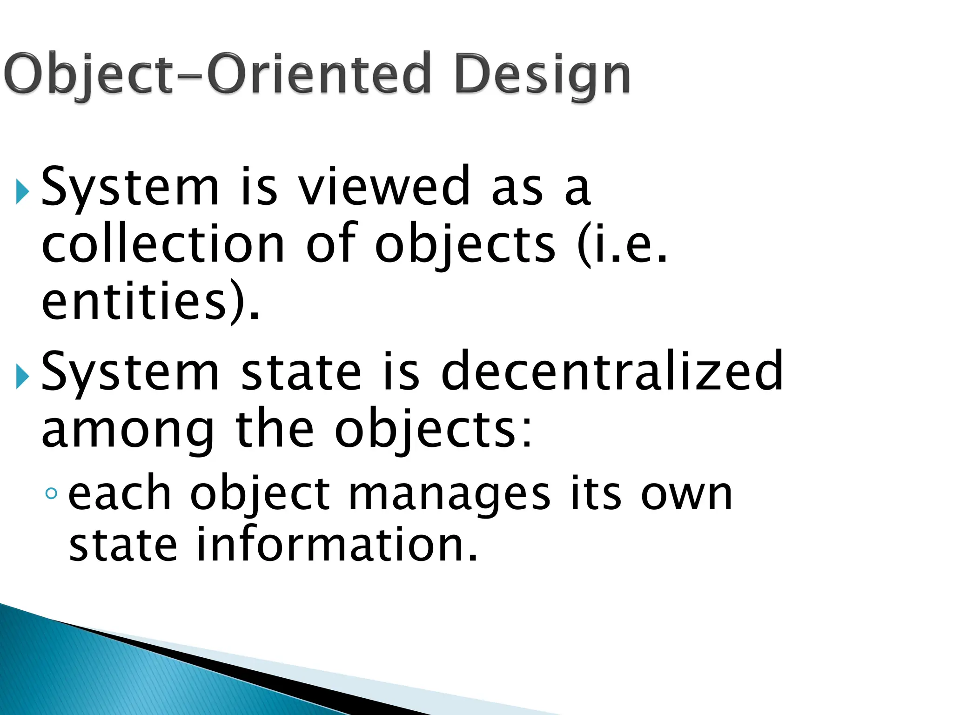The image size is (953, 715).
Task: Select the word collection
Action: (163, 244)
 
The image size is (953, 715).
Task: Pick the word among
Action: (128, 431)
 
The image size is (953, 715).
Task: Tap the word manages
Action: (450, 494)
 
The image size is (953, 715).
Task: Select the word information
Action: (337, 545)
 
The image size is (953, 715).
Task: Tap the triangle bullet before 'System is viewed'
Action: (22, 191)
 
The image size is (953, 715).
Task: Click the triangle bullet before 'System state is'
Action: (22, 376)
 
